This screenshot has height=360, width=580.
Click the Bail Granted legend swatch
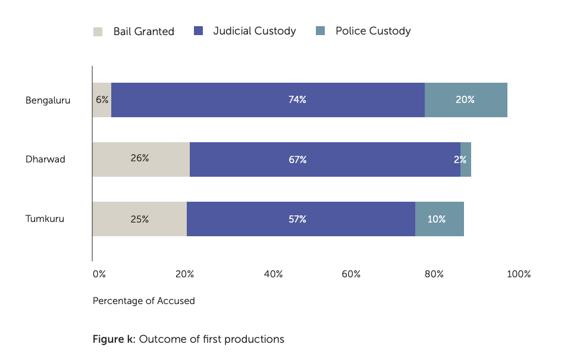98,32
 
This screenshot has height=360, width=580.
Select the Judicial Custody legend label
254,31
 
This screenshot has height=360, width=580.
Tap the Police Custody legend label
372,31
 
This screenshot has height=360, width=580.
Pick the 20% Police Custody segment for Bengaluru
466,100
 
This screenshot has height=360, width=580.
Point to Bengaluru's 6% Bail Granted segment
102,100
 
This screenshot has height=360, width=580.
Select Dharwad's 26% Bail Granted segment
140,159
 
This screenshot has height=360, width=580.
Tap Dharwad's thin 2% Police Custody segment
466,159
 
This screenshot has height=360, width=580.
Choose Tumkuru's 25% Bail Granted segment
139,219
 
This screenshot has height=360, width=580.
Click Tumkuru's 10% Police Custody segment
439,219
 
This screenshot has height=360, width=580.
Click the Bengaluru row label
48,100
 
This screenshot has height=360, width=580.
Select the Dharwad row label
45,159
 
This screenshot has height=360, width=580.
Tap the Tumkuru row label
45,219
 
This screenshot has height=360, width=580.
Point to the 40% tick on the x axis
273,274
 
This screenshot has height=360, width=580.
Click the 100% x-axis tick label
518,274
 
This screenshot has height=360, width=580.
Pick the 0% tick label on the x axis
99,274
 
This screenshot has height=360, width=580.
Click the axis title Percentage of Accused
143,301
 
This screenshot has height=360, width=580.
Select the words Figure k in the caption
114,340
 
